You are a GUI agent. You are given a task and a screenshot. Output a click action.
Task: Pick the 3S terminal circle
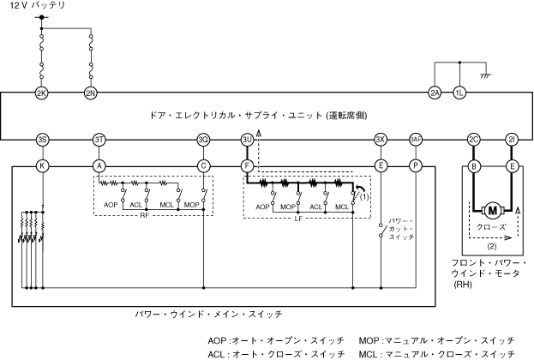41,139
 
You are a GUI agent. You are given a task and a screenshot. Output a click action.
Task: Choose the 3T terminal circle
99,139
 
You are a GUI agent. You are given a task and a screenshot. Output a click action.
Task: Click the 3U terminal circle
247,139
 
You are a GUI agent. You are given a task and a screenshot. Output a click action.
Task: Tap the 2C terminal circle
473,139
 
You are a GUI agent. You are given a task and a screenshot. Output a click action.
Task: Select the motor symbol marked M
492,209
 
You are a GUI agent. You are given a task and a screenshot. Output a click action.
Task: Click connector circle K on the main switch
41,165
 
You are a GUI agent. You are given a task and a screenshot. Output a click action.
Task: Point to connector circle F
247,165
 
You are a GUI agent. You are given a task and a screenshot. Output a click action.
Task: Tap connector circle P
416,165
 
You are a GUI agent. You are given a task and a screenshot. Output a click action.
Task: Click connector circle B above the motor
473,165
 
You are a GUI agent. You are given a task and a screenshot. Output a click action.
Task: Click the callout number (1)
364,196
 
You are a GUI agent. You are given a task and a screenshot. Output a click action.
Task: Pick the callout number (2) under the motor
492,245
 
